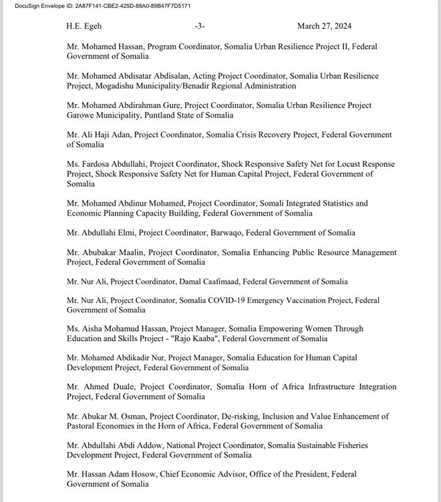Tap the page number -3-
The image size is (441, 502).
(x=199, y=27)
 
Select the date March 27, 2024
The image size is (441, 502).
(x=325, y=27)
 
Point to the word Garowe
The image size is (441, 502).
(x=81, y=115)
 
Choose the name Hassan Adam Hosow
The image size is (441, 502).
(x=118, y=475)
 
